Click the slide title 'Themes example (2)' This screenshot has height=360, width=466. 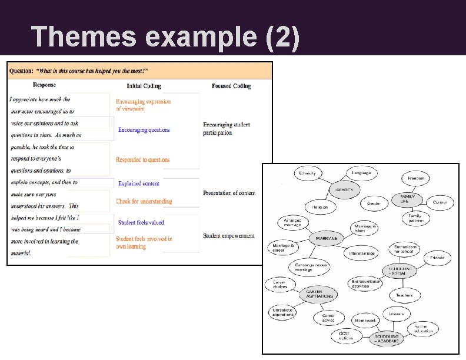(166, 36)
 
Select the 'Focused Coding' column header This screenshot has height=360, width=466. (231, 86)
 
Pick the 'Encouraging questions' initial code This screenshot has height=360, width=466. (144, 130)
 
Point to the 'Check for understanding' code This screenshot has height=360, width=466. (144, 201)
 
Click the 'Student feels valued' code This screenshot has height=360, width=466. (141, 222)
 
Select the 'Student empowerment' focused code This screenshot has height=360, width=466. (229, 236)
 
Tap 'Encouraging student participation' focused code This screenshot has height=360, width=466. (227, 129)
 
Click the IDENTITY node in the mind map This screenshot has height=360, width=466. (344, 190)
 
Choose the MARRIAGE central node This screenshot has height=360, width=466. (327, 238)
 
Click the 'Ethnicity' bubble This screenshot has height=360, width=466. (308, 174)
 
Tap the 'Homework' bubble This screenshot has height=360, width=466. (365, 321)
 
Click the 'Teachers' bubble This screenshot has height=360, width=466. (404, 295)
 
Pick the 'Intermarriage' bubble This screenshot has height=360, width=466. (362, 254)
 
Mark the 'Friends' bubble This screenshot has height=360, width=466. (437, 258)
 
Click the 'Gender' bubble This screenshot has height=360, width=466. (374, 204)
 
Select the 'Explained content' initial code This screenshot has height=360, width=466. (139, 184)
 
